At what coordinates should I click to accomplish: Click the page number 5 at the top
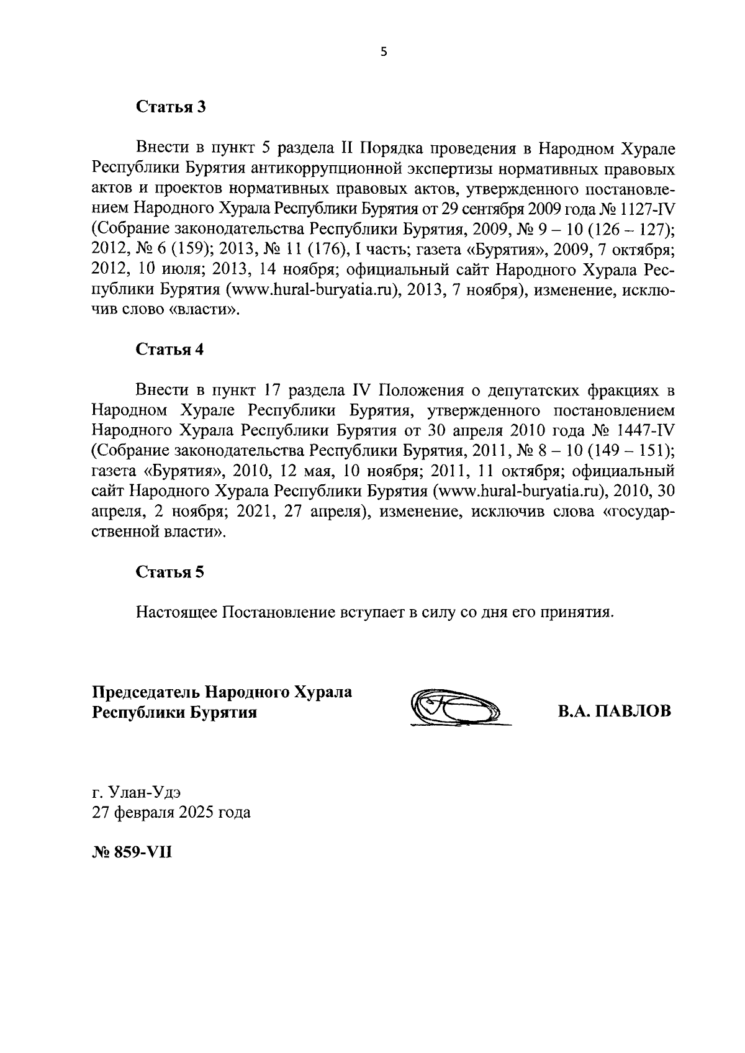pos(383,53)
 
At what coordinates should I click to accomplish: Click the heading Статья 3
pos(170,107)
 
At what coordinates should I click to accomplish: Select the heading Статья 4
pos(170,349)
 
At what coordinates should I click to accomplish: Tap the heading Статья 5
pos(170,572)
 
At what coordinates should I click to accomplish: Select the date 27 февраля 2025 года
pos(171,812)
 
